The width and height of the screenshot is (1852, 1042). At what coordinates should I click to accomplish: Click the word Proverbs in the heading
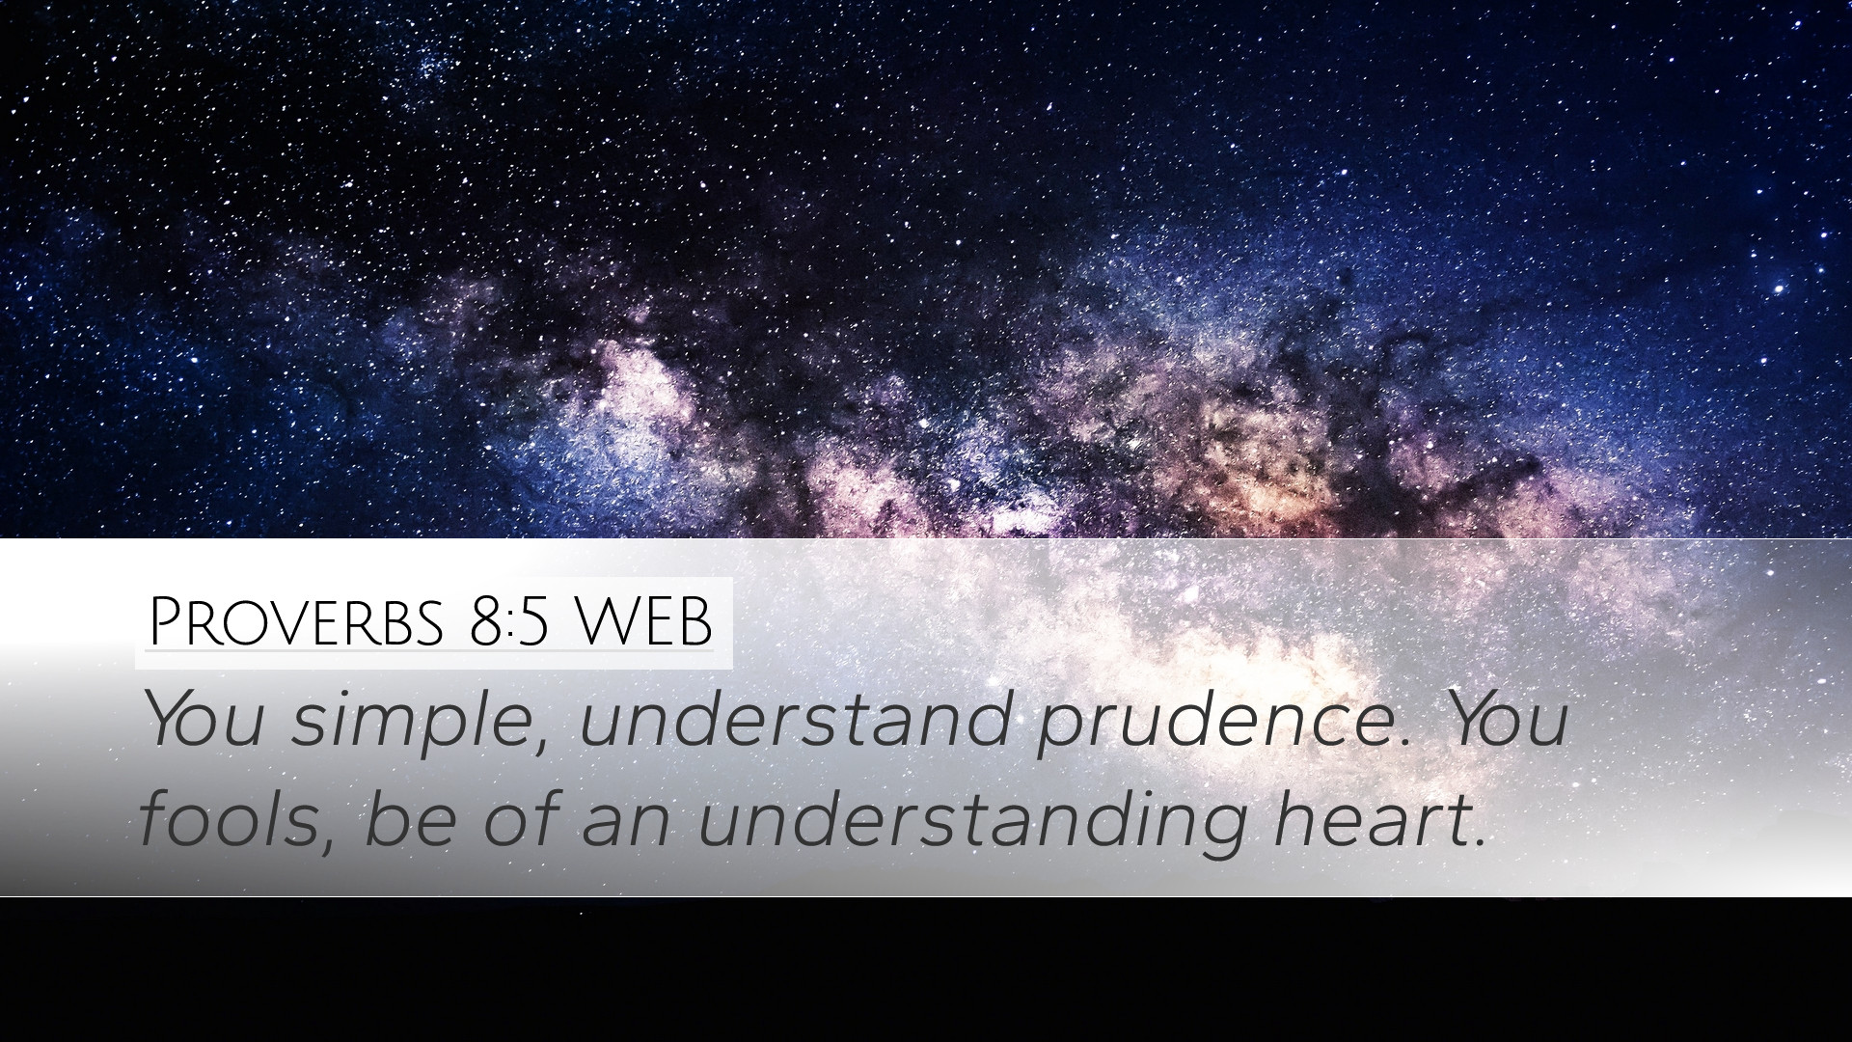tap(296, 622)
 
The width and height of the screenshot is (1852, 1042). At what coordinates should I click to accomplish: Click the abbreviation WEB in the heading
tap(643, 623)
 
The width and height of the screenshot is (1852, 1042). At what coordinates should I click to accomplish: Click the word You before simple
tap(204, 719)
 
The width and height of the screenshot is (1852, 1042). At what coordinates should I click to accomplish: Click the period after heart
tap(1478, 842)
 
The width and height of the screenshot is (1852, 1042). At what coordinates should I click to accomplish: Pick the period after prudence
tap(1404, 744)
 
